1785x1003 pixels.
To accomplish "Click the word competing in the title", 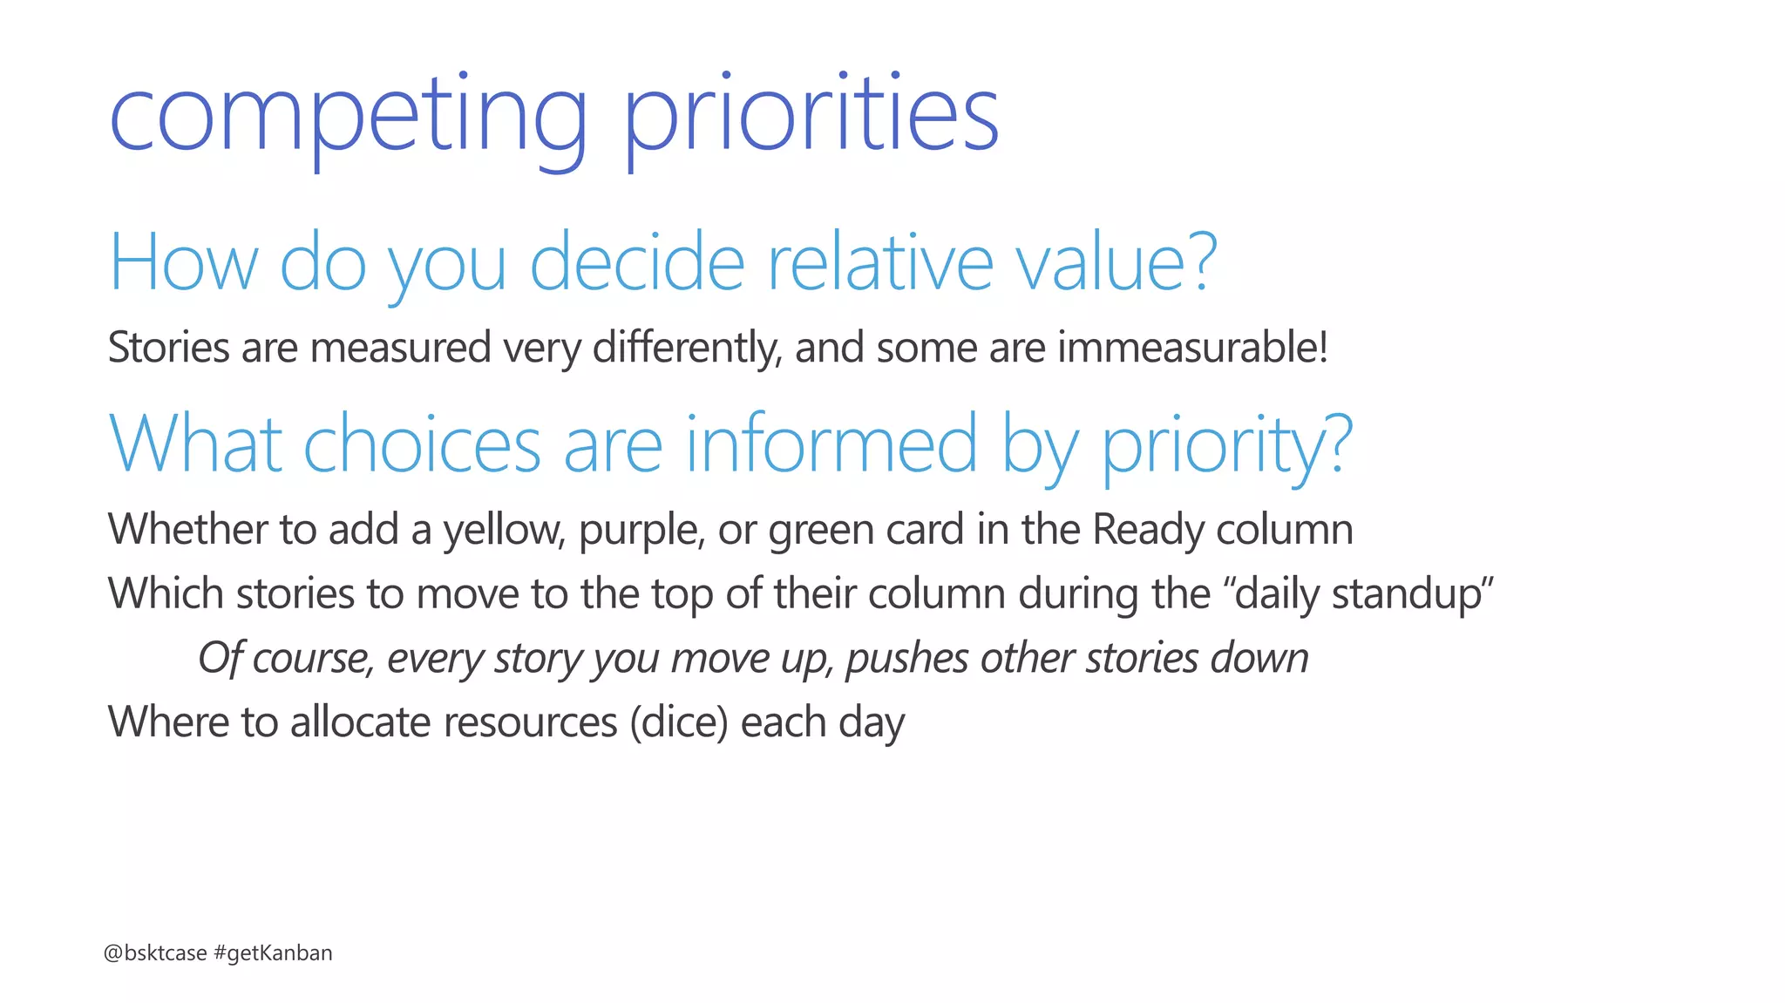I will [349, 118].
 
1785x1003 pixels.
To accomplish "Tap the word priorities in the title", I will [811, 118].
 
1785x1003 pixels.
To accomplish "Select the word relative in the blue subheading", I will [879, 262].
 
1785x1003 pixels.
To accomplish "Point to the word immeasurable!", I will [1193, 348].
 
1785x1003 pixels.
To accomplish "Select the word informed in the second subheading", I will [831, 444].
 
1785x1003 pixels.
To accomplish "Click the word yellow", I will [505, 530].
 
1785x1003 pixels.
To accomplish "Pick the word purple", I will [641, 530].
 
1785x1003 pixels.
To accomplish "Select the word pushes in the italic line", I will [907, 658].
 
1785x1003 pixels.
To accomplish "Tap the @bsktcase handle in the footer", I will [155, 953].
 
